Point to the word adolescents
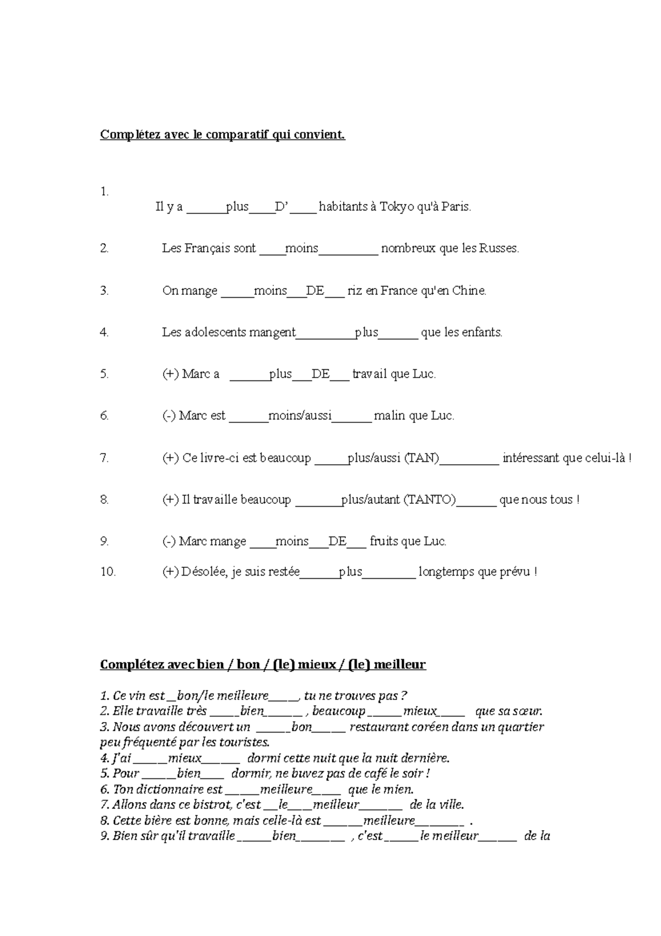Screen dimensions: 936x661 point(215,332)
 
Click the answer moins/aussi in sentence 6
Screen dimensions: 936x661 point(300,416)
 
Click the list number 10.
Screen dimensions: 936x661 point(108,572)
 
